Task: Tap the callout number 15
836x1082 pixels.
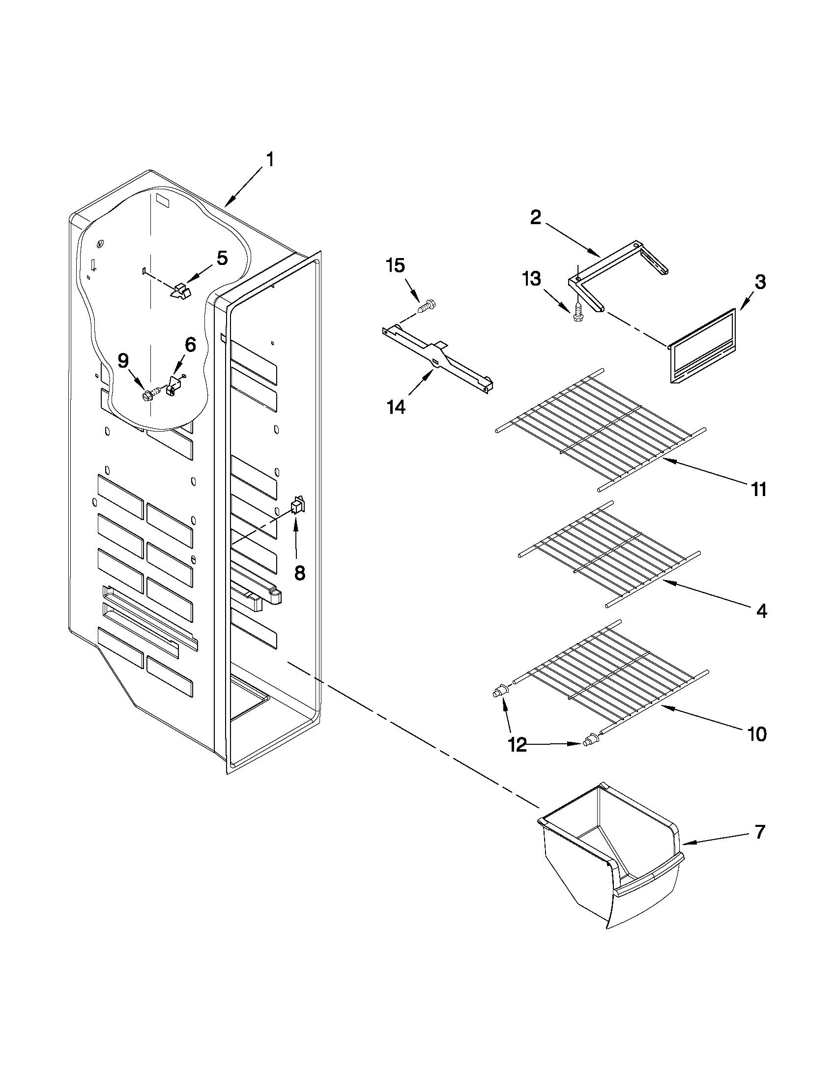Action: [395, 266]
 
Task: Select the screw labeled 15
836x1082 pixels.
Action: [426, 306]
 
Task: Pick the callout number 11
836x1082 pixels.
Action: [758, 489]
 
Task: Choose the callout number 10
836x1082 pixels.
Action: [757, 734]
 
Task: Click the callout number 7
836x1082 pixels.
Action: [760, 832]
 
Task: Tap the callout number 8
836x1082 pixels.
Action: [299, 573]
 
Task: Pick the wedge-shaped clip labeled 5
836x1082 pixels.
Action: [180, 291]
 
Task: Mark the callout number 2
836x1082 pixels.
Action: [535, 217]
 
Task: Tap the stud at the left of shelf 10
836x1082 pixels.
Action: [500, 691]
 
